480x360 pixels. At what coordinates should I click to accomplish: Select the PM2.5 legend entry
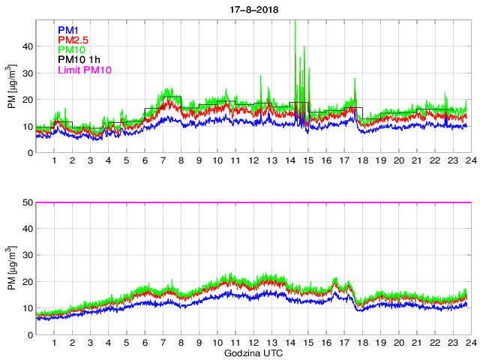(73, 40)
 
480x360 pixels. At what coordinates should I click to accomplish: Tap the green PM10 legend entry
(71, 50)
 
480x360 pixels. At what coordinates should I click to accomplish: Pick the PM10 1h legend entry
(79, 60)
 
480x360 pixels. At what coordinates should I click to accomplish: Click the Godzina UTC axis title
(252, 352)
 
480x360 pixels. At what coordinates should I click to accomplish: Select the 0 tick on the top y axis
(30, 153)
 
